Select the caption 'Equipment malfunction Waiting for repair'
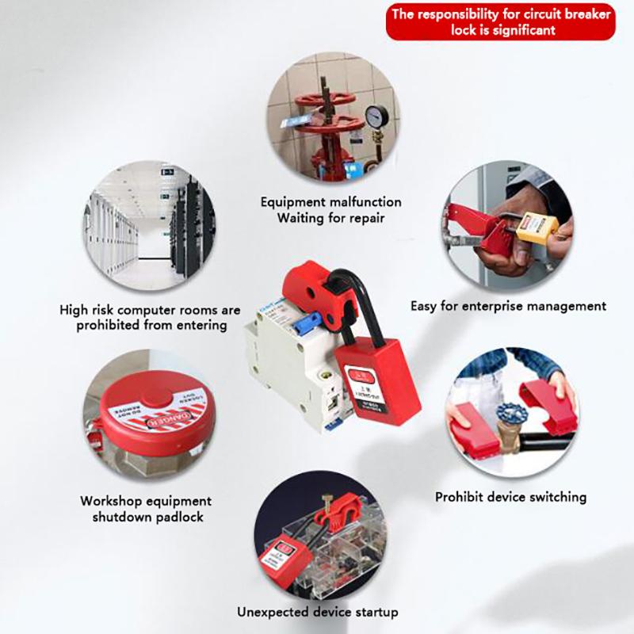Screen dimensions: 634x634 coord(331,210)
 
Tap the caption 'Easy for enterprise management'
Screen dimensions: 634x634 coord(508,305)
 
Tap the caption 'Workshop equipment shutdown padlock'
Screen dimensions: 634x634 coord(146,509)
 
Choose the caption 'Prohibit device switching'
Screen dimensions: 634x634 coord(510,498)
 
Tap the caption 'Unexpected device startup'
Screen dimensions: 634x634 coord(318,612)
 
